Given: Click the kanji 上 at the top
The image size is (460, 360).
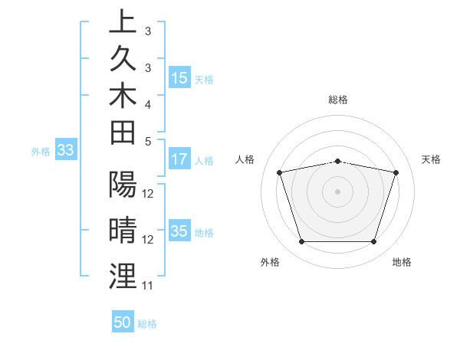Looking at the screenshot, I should [x=121, y=22].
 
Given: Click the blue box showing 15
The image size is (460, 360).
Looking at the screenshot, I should [x=179, y=78].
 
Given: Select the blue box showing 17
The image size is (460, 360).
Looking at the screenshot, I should [x=179, y=160].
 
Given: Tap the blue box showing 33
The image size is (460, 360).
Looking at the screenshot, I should [x=65, y=151].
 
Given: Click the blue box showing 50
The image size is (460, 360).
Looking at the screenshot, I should [x=123, y=323].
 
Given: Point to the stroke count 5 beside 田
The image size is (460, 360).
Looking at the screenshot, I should [x=148, y=141].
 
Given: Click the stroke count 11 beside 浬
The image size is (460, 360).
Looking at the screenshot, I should [x=148, y=286].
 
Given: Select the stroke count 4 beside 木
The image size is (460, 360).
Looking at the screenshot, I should [x=148, y=103].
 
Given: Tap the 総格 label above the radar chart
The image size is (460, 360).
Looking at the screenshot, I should [x=338, y=100].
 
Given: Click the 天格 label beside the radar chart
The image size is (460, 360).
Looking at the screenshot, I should [x=432, y=159].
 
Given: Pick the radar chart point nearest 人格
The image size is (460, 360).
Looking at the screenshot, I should [x=280, y=172].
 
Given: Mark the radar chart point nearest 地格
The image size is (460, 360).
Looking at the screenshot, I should [x=373, y=242].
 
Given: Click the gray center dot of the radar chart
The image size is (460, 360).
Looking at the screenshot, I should [x=338, y=191].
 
